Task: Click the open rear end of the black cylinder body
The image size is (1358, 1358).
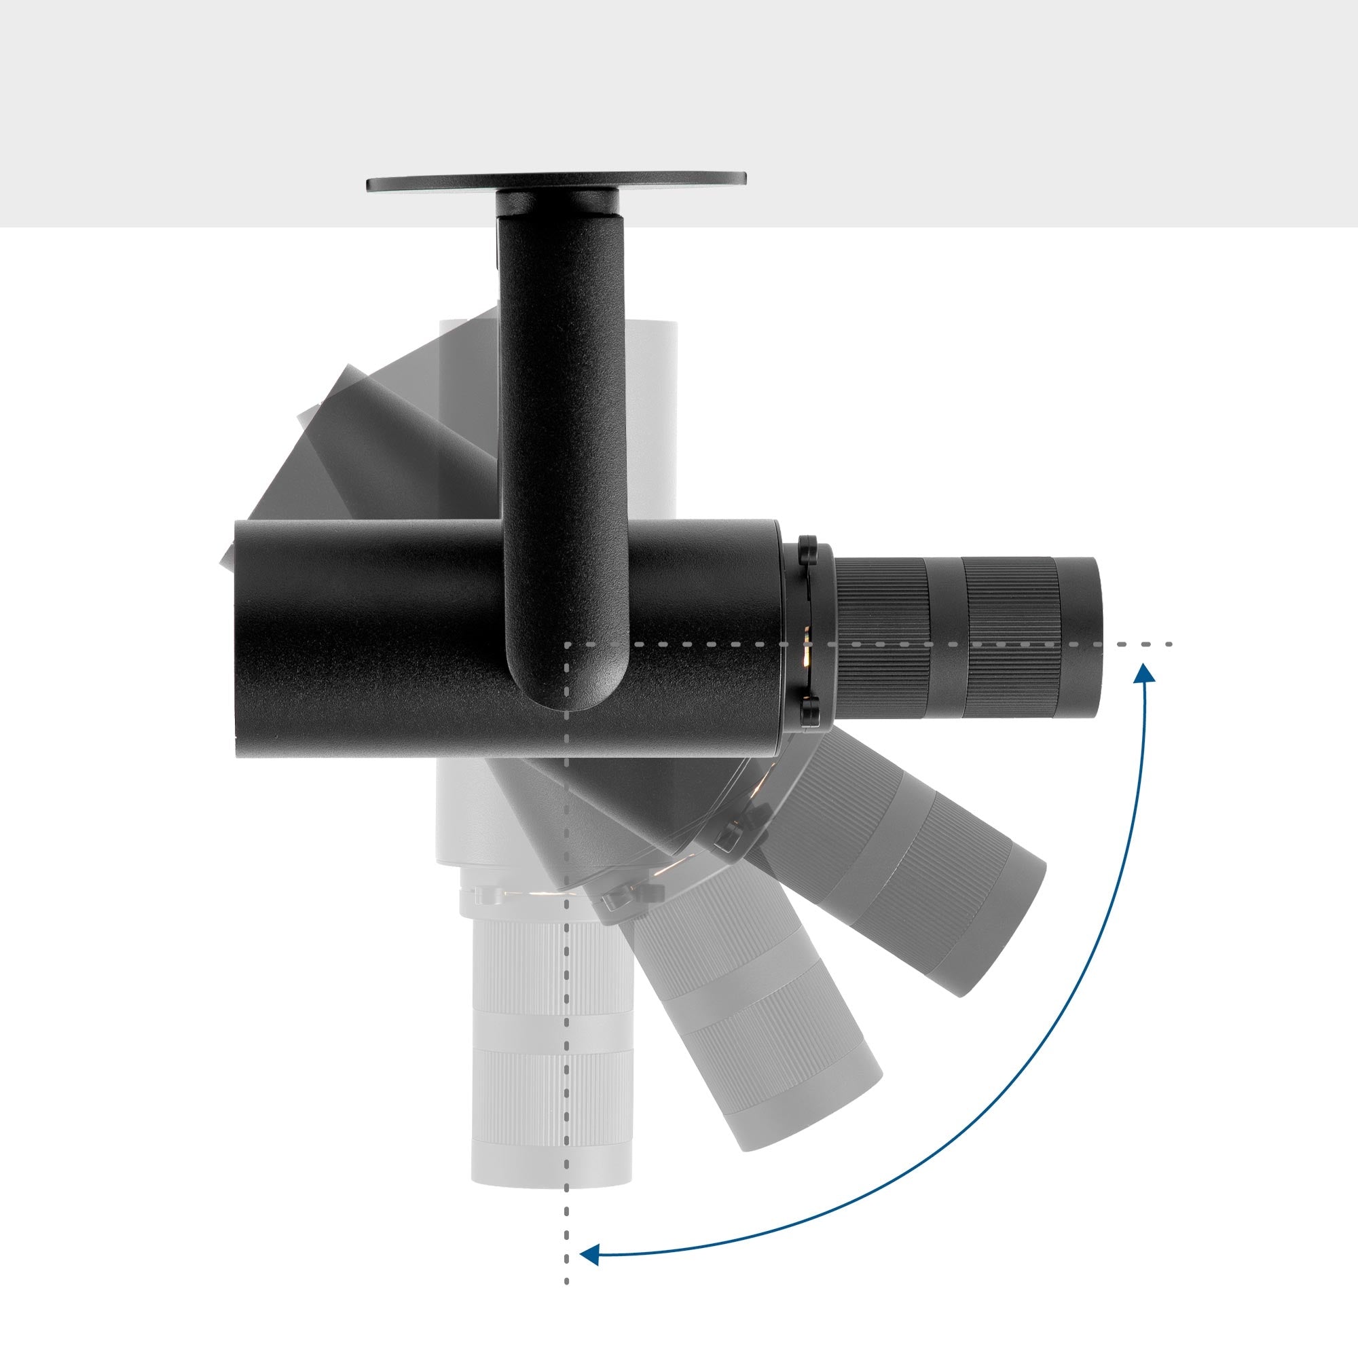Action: tap(237, 639)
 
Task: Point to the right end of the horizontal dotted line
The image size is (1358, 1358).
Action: tap(1169, 644)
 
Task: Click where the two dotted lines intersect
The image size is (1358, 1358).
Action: tap(566, 644)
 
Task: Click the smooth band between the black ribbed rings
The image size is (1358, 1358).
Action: tap(945, 638)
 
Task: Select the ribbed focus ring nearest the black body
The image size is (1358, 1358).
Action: tap(882, 638)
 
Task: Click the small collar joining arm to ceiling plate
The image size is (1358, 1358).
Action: tap(555, 203)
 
